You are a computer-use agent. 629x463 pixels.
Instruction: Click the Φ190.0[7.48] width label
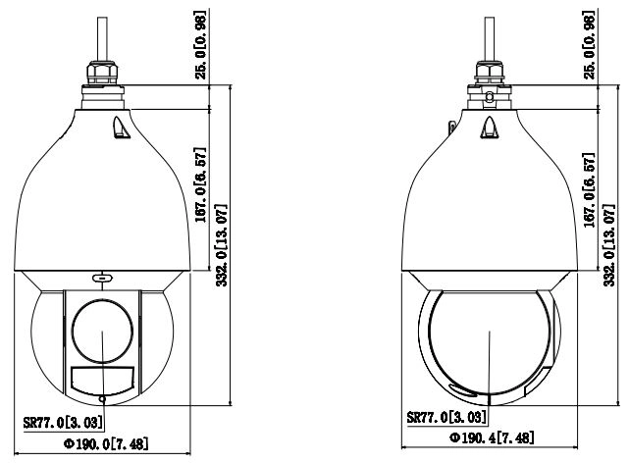click(x=106, y=443)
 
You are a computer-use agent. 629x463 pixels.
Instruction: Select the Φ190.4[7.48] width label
click(x=492, y=437)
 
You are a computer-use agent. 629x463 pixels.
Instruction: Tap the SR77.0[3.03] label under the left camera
click(x=63, y=422)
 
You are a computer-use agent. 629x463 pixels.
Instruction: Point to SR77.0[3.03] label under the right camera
click(x=446, y=417)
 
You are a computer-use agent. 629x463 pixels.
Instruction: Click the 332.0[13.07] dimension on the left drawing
click(x=222, y=245)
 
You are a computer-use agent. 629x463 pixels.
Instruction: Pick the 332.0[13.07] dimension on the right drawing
click(x=609, y=245)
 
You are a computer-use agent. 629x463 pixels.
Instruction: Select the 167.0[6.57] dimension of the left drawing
click(x=200, y=184)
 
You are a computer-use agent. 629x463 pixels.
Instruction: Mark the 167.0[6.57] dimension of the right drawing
click(x=588, y=189)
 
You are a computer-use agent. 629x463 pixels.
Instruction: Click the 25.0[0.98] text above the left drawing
click(x=200, y=44)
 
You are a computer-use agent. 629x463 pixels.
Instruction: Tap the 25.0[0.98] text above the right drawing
click(x=588, y=44)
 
